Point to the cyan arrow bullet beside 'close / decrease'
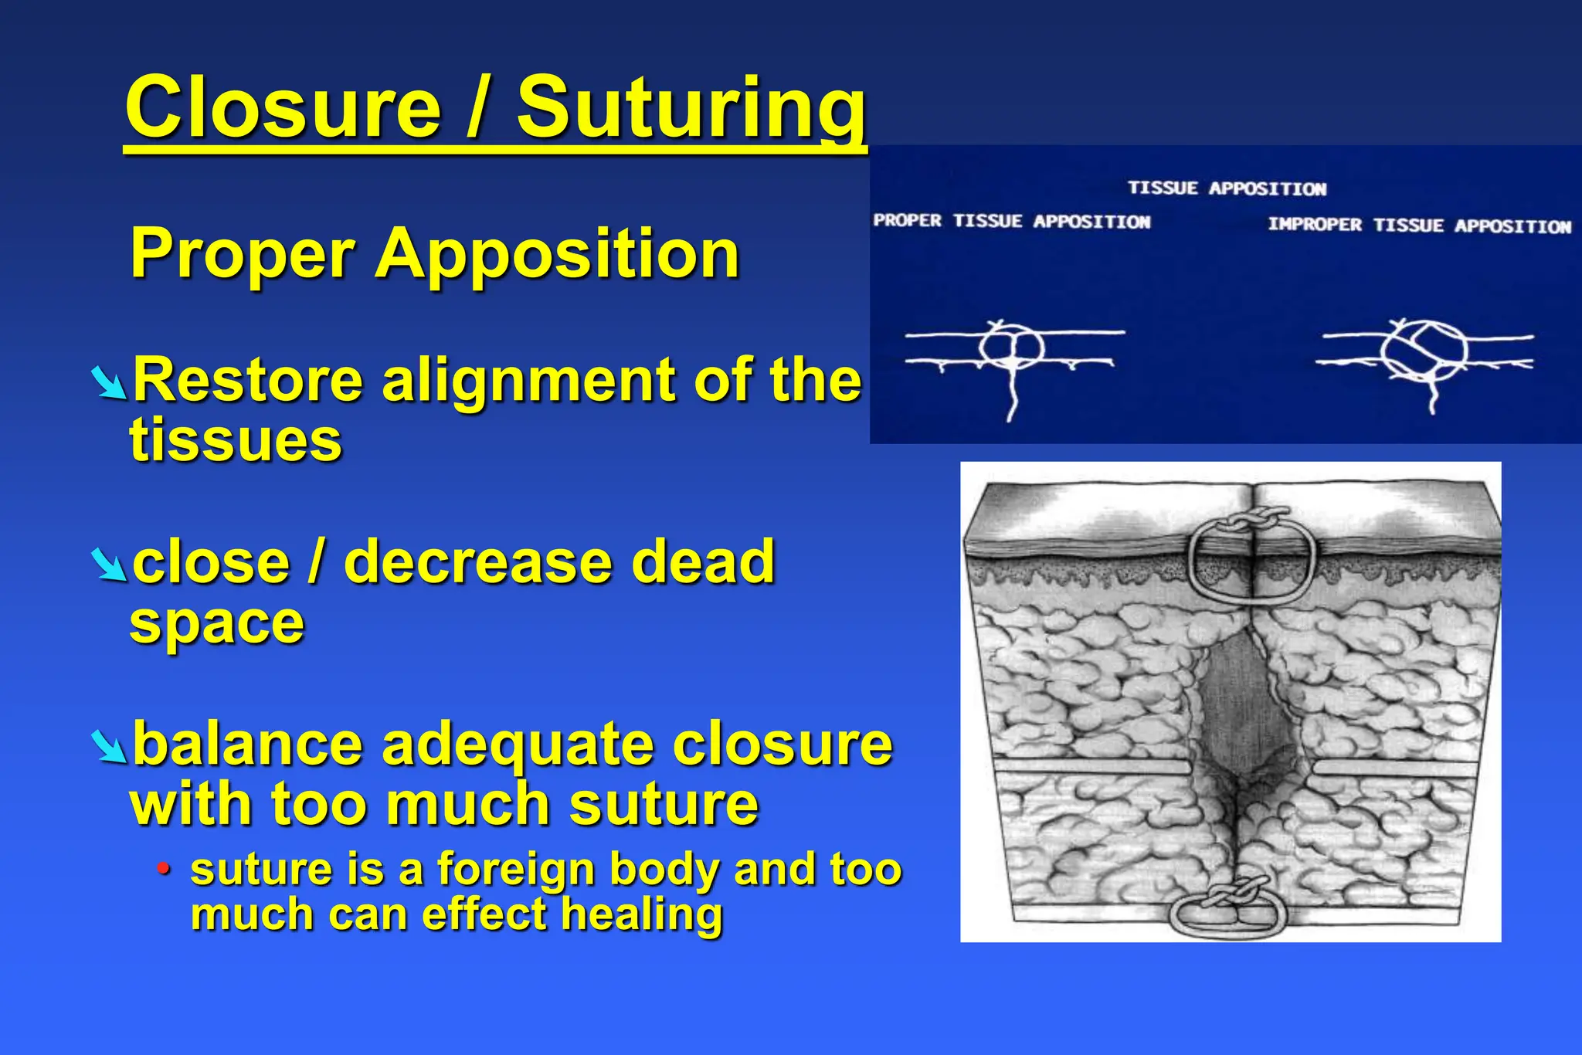[108, 565]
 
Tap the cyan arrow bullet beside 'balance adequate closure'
[108, 747]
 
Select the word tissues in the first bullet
[236, 440]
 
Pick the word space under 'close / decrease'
[217, 622]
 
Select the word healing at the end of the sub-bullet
[642, 914]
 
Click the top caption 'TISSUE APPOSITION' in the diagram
[1227, 188]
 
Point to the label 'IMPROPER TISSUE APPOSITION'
[1419, 226]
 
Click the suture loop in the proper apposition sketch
[1011, 347]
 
